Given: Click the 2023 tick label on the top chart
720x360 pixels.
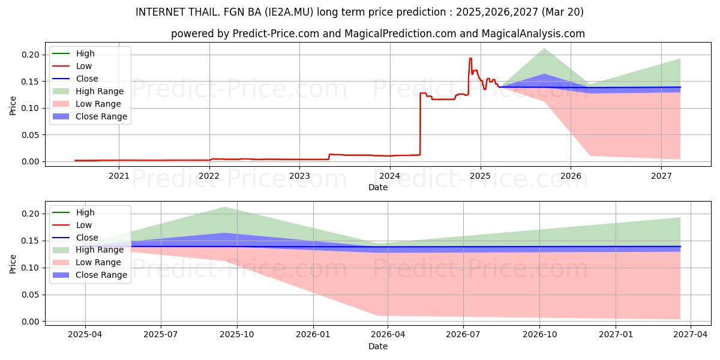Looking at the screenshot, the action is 299,176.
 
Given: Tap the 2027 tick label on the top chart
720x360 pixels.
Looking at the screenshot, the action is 661,176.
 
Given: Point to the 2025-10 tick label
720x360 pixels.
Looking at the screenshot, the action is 237,335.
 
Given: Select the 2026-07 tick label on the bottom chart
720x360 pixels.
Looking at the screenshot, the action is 463,335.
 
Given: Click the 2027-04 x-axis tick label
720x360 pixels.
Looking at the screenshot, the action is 691,335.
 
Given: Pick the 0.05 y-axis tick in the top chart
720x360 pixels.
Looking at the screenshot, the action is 30,135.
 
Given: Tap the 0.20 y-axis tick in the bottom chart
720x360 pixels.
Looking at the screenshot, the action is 30,214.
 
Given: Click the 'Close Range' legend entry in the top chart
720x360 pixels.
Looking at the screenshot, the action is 90,116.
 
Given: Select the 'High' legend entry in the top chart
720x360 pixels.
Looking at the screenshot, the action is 73,53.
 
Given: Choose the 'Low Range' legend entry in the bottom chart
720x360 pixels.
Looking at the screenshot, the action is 87,262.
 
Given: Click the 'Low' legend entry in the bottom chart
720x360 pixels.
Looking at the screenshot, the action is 72,225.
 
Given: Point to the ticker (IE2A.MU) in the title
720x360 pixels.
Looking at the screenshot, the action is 289,12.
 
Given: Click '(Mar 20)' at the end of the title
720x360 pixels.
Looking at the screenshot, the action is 563,12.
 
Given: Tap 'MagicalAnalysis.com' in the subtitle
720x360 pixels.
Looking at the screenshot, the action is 533,34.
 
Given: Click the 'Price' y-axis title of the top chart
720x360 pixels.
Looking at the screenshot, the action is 13,106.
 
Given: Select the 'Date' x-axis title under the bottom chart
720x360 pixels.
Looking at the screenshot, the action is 378,347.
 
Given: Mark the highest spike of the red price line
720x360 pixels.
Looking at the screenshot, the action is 470,58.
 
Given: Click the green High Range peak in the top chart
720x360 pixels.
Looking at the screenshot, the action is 544,49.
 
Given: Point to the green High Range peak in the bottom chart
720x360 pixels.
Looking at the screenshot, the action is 224,208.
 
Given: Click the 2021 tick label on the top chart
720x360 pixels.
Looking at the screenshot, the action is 119,176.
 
